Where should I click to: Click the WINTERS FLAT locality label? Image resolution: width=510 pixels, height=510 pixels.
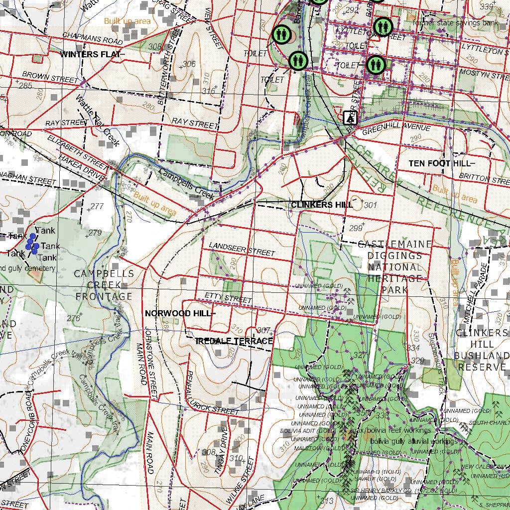pyautogui.click(x=90, y=54)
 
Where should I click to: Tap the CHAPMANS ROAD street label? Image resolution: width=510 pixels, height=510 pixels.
pyautogui.click(x=93, y=39)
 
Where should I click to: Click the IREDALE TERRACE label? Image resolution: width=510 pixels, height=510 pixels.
pyautogui.click(x=234, y=341)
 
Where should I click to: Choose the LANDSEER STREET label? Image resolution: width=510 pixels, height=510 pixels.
pyautogui.click(x=242, y=250)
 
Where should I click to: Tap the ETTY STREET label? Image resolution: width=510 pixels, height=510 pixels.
pyautogui.click(x=229, y=298)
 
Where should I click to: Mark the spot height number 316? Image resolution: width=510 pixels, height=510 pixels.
pyautogui.click(x=208, y=91)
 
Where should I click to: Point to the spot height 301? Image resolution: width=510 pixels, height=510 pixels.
pyautogui.click(x=371, y=205)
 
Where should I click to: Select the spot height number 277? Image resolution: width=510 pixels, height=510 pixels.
pyautogui.click(x=97, y=206)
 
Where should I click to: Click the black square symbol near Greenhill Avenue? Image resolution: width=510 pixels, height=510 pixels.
pyautogui.click(x=351, y=118)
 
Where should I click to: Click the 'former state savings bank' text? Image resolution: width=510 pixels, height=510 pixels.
pyautogui.click(x=455, y=23)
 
